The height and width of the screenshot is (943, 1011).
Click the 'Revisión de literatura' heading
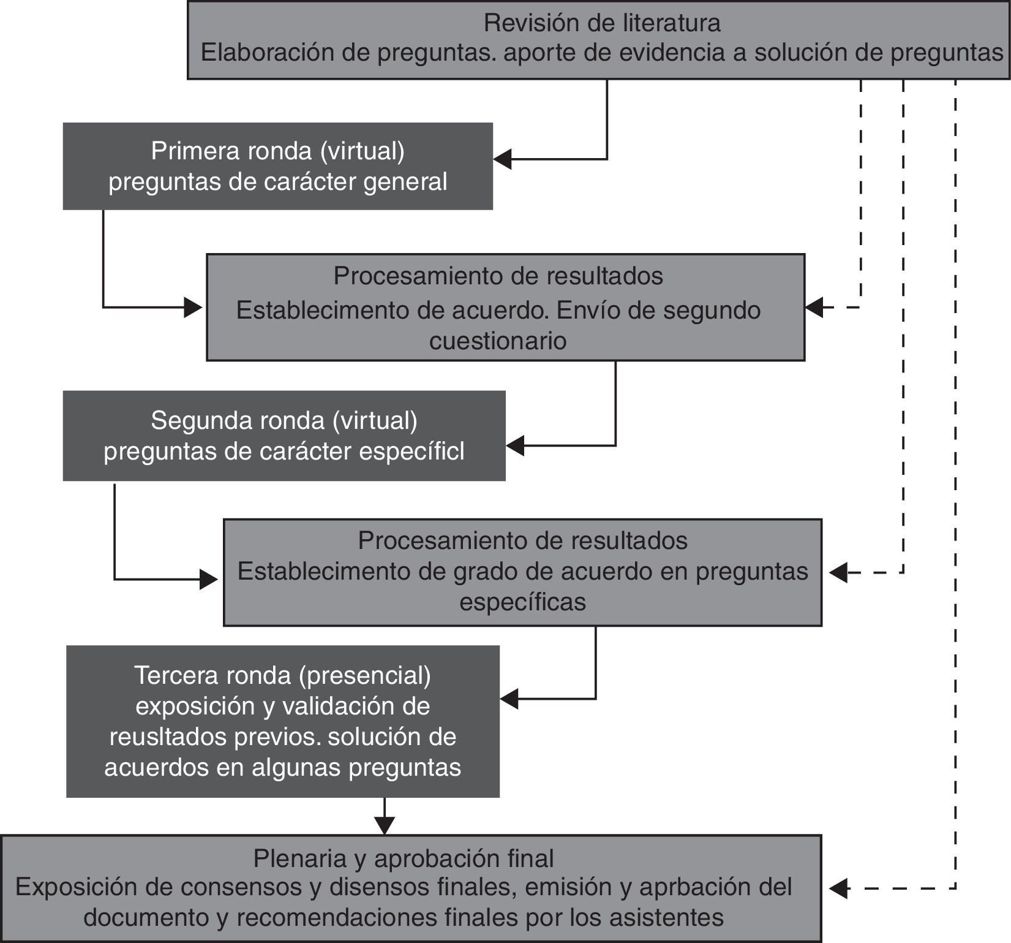pos(601,23)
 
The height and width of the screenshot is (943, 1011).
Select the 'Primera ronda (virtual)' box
pos(277,166)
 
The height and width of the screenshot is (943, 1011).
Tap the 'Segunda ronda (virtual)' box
pos(284,436)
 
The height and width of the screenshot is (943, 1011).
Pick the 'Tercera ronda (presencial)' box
pos(282,721)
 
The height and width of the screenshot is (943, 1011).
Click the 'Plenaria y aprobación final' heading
pos(403,858)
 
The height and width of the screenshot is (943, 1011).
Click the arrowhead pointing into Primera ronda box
pos(502,159)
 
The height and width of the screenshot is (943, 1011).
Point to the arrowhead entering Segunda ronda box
pos(515,446)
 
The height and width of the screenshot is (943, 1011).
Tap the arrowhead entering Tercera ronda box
pos(509,698)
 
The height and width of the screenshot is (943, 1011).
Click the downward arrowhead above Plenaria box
pos(384,826)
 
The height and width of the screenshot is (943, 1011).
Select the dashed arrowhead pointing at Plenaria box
pos(838,887)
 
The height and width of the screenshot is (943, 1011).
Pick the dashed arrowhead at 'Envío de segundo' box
pos(814,308)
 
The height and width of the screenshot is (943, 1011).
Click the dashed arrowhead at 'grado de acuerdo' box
pos(838,573)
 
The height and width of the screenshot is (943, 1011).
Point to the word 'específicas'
pos(522,602)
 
